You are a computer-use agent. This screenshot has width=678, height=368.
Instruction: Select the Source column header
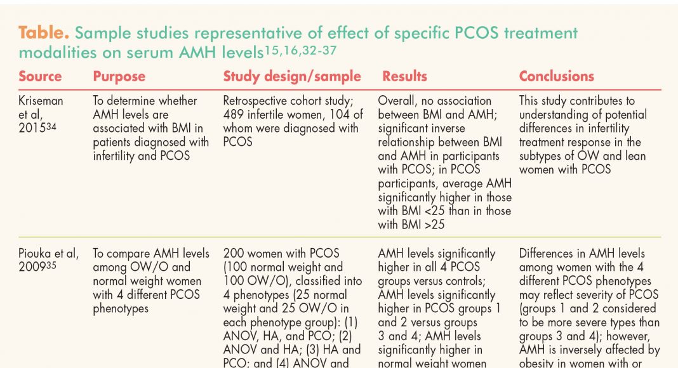[x=41, y=77]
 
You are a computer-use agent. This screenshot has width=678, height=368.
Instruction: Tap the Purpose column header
[x=119, y=77]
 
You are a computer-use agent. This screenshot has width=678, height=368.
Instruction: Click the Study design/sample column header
[x=291, y=77]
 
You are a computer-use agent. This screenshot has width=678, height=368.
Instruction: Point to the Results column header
[x=404, y=77]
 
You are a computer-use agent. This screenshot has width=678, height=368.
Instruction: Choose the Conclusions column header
[x=556, y=77]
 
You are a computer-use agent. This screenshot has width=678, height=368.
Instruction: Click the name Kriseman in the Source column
[x=41, y=101]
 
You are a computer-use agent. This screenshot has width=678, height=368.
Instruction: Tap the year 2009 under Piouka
[x=32, y=268]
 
